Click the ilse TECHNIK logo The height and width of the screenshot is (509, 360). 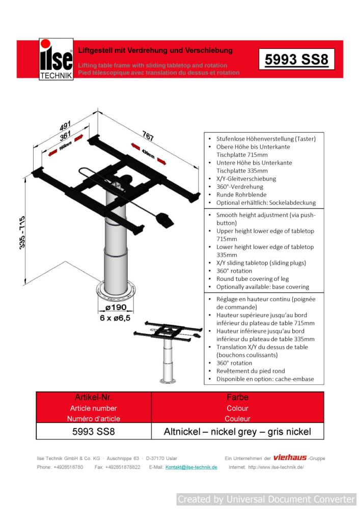[56, 60]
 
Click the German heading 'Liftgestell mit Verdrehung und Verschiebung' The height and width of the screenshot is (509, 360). [155, 50]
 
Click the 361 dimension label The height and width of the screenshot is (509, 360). [65, 137]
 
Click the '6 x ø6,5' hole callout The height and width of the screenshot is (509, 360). [115, 318]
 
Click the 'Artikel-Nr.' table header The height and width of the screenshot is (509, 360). [94, 398]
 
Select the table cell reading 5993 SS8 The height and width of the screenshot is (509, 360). [94, 432]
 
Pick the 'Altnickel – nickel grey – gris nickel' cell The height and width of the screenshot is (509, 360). [237, 432]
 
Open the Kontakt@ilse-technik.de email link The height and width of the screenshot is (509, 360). [191, 467]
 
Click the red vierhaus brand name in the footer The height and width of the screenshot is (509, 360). [290, 458]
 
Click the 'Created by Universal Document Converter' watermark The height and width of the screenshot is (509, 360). [266, 499]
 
